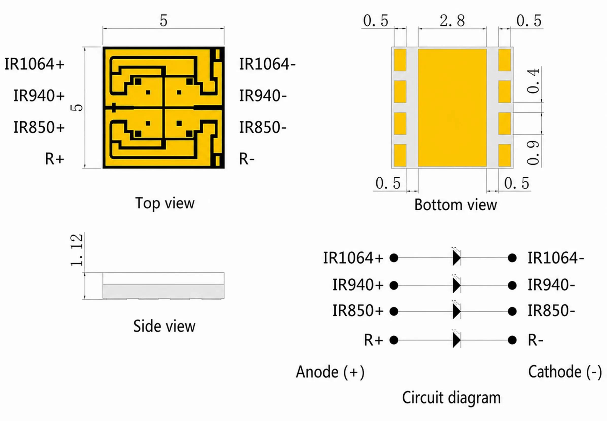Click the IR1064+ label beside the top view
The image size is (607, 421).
34,64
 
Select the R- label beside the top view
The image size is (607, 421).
247,159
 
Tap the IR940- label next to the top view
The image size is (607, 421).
263,95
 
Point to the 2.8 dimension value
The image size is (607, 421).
452,21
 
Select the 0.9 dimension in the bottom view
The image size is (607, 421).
533,153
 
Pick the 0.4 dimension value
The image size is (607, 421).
533,81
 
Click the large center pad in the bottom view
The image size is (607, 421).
452,108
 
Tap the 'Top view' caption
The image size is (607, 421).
165,203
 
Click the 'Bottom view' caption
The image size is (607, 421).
455,205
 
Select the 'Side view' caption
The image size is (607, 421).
164,326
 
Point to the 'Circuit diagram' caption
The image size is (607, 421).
451,397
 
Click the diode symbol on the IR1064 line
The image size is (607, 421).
456,258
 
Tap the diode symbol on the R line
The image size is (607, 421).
456,340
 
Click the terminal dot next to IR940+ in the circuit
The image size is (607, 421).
394,285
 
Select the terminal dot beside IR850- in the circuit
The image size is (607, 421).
512,311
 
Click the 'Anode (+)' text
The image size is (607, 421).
330,372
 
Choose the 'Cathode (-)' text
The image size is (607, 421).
565,372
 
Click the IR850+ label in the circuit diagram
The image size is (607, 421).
358,310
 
